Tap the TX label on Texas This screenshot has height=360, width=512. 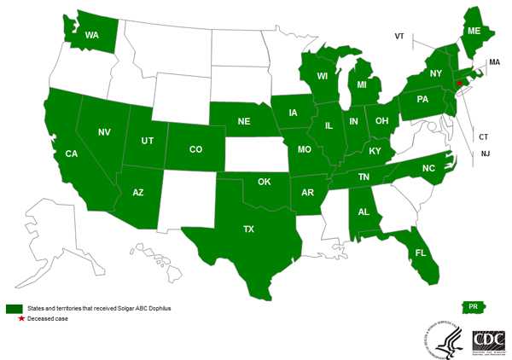(248, 229)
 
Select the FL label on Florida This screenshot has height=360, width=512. (421, 253)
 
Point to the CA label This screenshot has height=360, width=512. (73, 155)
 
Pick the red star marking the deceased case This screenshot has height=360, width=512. (458, 83)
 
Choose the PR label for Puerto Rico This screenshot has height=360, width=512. (471, 306)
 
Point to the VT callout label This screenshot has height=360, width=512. (399, 37)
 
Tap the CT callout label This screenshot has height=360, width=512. (484, 136)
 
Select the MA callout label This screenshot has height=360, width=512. (493, 63)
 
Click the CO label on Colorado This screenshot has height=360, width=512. (195, 149)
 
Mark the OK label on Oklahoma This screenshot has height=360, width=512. (264, 182)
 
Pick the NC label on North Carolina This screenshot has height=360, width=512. (428, 169)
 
